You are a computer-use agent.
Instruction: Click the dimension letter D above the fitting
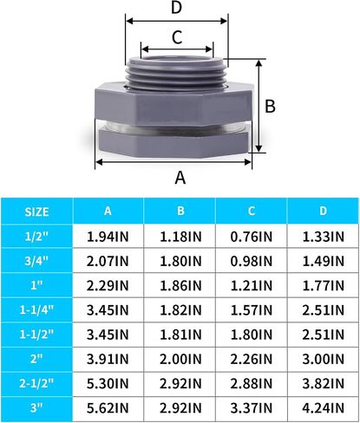coord(176,8)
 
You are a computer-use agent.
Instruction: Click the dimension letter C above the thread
coord(177,37)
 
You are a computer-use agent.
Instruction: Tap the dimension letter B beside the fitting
coord(270,106)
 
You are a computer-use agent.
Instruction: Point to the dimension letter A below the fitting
coord(180,178)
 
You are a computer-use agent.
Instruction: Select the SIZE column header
coord(36,211)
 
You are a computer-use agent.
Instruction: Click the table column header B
coord(180,211)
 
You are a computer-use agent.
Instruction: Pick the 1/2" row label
coord(36,237)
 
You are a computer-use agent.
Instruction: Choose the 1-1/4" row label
coord(36,310)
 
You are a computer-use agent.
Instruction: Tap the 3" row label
coord(36,408)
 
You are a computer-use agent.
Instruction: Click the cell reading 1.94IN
coord(108,237)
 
